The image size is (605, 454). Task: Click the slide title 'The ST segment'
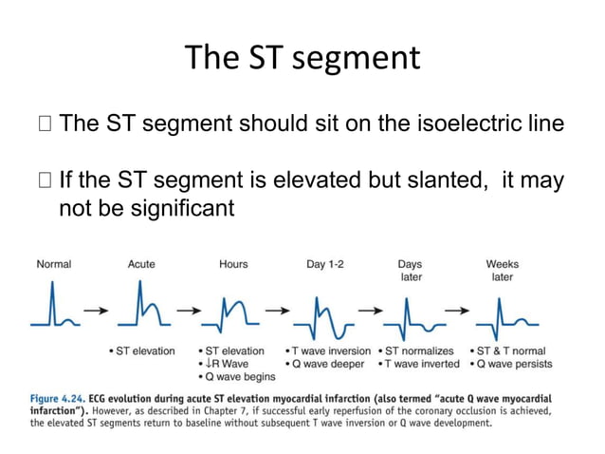302,59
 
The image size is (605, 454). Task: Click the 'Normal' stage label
53,264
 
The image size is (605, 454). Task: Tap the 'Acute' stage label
141,264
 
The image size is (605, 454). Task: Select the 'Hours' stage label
234,264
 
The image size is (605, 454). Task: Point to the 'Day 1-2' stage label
325,264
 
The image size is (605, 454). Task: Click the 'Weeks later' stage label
502,271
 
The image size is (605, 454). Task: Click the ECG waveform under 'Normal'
53,310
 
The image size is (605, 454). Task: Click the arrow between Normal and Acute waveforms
96,310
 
